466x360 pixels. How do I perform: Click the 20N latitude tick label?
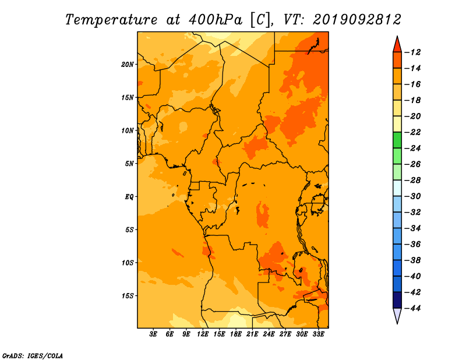pos(128,65)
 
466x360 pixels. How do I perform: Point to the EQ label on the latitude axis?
pos(129,197)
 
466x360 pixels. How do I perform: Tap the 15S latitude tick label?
pos(128,296)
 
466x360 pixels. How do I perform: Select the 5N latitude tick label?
pos(129,164)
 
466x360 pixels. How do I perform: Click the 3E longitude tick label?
pos(153,334)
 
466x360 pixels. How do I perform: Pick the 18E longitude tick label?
pos(236,334)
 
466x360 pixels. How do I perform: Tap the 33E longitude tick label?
pos(318,334)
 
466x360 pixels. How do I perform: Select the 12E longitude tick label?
pos(203,334)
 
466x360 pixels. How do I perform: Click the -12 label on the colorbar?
pos(412,52)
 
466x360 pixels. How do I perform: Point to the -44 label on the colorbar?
pos(412,308)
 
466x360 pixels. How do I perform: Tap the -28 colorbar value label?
pos(412,181)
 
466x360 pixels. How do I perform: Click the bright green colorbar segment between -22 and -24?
pos(397,140)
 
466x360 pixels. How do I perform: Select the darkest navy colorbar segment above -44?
pos(397,300)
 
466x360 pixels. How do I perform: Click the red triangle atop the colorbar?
pos(397,45)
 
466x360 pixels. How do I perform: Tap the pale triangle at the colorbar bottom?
pos(397,315)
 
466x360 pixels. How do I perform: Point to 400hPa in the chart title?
pos(215,20)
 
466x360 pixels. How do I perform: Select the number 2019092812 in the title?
pos(357,20)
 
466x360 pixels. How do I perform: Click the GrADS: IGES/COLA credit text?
pos(33,355)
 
